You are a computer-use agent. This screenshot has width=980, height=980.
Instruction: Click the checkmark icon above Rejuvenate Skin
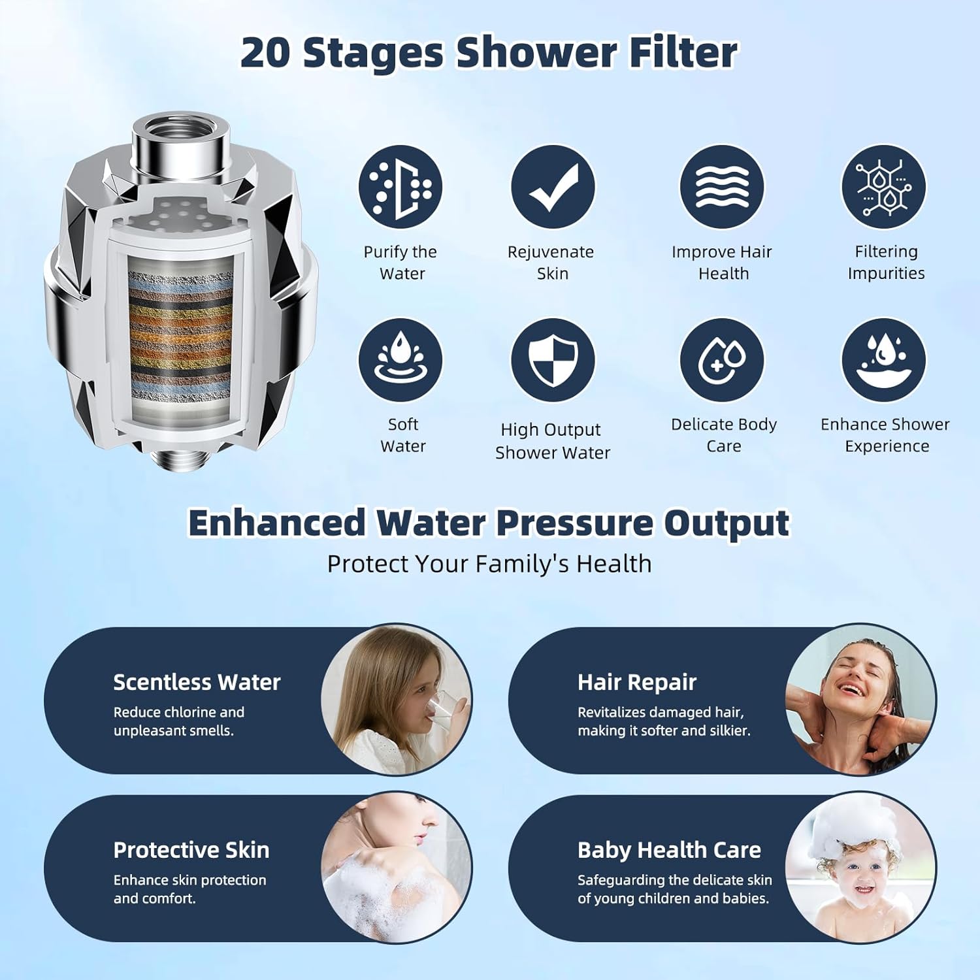coord(553,188)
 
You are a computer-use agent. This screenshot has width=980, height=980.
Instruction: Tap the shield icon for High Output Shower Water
coord(553,360)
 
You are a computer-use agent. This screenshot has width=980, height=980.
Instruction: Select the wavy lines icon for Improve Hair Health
coord(722,188)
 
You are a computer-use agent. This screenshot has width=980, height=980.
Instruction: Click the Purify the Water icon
coord(400,188)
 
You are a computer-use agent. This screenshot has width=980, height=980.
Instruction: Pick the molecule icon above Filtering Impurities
coord(883,188)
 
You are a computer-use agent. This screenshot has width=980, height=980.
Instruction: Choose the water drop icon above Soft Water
coord(400,360)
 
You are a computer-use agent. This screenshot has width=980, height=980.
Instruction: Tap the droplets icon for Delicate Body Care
coord(722,360)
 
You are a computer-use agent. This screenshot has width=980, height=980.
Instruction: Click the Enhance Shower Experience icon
coord(883,360)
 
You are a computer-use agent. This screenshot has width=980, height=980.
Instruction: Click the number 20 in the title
coord(265,52)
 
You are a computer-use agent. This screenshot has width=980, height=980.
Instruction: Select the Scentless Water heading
coord(197,682)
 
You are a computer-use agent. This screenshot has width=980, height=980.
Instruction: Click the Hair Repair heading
coord(637,682)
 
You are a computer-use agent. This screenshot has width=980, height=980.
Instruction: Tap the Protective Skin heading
coord(191,850)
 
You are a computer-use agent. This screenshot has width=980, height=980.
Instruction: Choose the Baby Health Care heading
coord(669,850)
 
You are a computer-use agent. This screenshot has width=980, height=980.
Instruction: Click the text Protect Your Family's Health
coord(489,564)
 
